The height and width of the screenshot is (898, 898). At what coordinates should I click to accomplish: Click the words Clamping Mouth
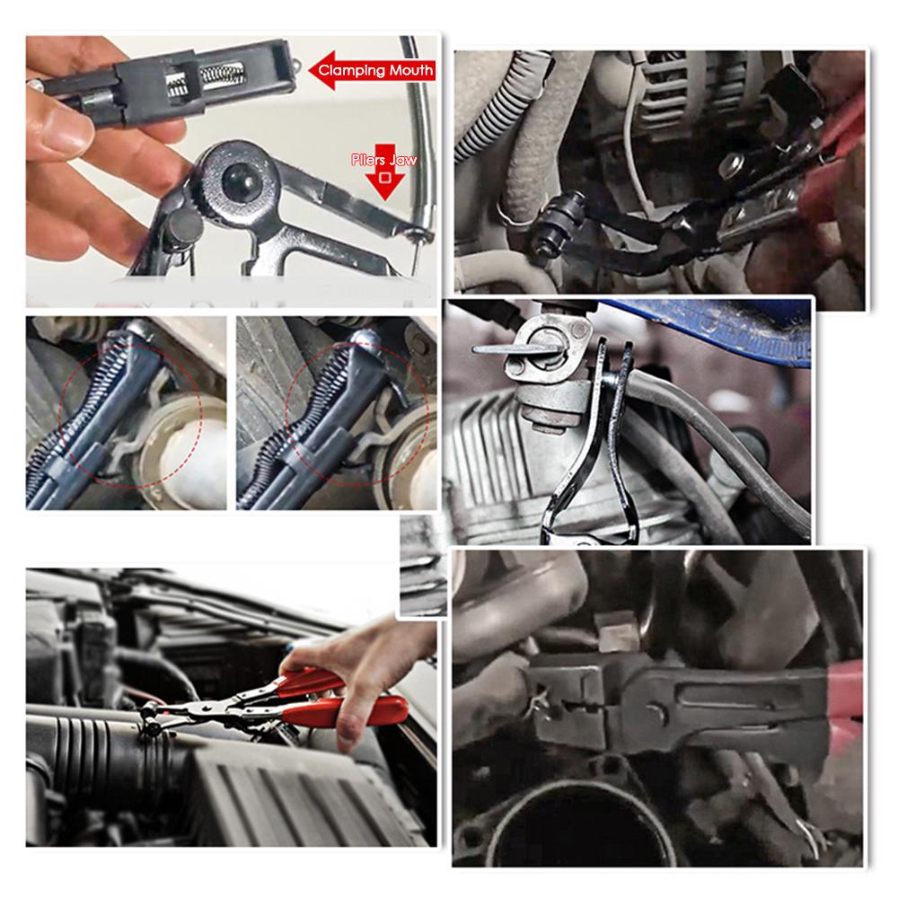click(x=375, y=70)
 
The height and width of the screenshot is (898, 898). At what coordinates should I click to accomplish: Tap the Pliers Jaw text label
click(x=383, y=160)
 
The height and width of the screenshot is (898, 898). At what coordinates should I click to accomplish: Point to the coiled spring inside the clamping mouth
click(x=220, y=75)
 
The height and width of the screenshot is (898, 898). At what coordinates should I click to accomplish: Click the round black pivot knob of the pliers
click(x=241, y=179)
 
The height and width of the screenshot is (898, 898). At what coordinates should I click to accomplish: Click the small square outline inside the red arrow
click(x=385, y=178)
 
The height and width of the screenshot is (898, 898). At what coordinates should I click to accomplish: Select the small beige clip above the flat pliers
click(x=617, y=632)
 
